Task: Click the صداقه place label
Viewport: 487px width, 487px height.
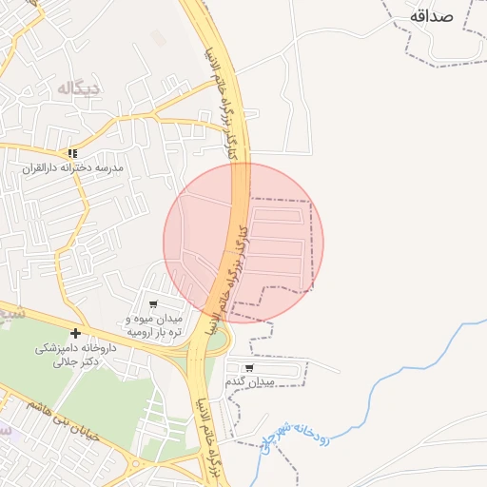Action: click(443, 15)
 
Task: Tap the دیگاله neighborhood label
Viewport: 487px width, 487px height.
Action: click(79, 88)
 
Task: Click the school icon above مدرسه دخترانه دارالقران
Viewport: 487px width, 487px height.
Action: click(72, 152)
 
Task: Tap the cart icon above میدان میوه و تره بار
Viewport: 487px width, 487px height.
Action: click(153, 304)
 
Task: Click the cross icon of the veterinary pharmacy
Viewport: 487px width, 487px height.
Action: click(75, 333)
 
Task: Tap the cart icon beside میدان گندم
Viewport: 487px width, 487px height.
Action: click(249, 367)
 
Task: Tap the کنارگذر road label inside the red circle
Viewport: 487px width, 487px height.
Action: click(233, 271)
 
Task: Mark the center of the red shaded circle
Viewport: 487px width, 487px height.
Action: click(243, 243)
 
